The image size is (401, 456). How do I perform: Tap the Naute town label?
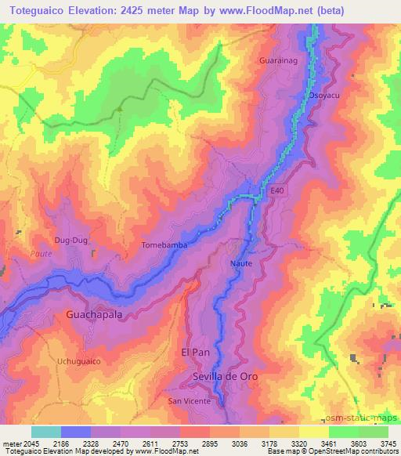(x=241, y=263)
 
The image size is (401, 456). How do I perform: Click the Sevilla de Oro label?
(x=226, y=377)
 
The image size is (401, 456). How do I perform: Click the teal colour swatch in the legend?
(x=46, y=431)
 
